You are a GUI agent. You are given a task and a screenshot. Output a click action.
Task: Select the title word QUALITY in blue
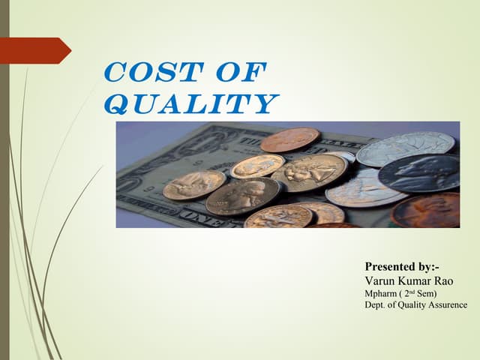click(190, 103)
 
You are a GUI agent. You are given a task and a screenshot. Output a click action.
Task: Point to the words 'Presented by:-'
click(401, 266)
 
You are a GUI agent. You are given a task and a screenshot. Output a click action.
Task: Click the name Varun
click(381, 280)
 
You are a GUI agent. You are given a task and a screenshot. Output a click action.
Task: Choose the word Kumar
click(418, 280)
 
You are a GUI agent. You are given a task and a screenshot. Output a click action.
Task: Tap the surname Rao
click(451, 280)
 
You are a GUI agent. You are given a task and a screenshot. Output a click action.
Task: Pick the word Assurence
click(443, 304)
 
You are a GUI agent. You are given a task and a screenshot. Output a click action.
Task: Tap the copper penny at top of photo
click(289, 139)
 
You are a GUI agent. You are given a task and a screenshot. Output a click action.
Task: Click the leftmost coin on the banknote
click(193, 184)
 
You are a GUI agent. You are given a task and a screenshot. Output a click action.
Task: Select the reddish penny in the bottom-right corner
click(428, 211)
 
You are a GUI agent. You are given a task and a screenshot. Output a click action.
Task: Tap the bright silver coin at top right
click(405, 147)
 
